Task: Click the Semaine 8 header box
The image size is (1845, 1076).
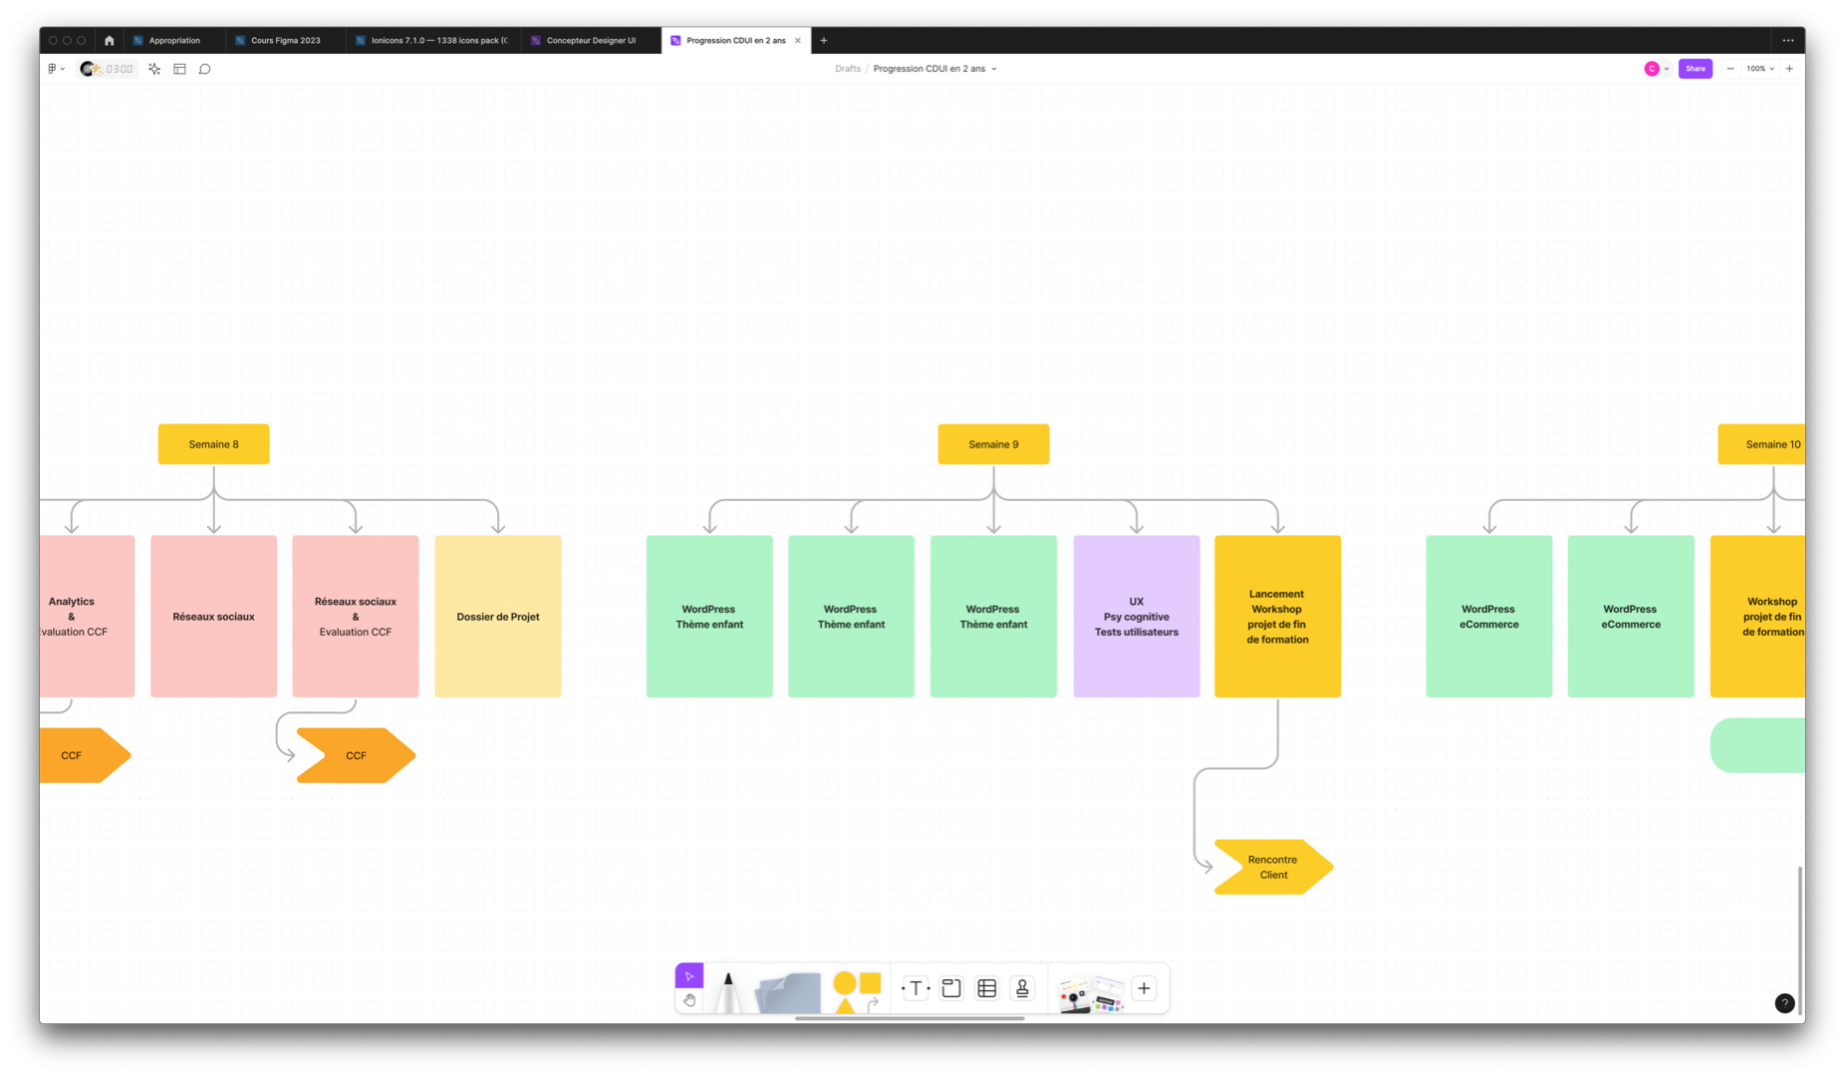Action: pos(213,444)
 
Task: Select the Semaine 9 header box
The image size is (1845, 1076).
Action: pos(993,444)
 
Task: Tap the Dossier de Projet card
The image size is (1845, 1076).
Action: pos(498,617)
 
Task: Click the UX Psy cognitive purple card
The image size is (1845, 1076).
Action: pos(1137,617)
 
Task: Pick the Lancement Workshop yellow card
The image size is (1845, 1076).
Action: pos(1277,617)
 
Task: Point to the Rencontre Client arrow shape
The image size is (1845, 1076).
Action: pos(1272,867)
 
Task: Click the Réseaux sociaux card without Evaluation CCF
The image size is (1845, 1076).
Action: pos(213,617)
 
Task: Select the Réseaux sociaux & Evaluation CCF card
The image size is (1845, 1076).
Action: pos(356,617)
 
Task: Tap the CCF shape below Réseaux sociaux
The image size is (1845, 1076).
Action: pos(356,755)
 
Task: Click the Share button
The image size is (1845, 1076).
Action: pos(1695,69)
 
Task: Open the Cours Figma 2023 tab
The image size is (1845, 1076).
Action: pos(285,41)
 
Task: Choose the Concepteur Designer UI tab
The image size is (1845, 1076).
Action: pos(590,41)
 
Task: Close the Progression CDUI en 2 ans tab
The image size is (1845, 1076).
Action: pos(798,41)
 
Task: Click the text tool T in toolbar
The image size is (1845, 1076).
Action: pos(916,988)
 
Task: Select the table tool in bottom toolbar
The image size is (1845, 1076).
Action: pos(987,988)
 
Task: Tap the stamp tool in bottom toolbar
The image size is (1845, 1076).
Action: pos(1022,988)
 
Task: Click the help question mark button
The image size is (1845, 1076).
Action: pos(1784,1003)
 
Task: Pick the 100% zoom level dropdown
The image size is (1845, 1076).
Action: pos(1759,69)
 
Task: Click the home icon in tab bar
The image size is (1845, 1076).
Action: pos(110,41)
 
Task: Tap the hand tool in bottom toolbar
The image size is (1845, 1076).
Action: pos(689,1000)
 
